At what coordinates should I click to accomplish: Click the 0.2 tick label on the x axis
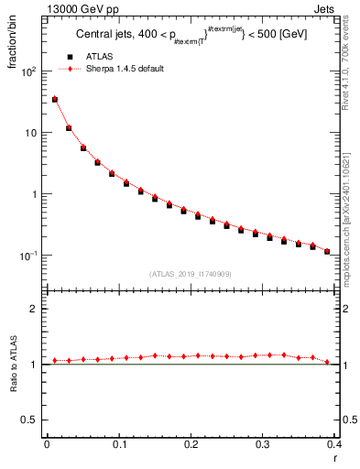coord(191,446)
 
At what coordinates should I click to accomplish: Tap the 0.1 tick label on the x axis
coord(119,446)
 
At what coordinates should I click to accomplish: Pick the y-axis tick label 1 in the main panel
coord(36,194)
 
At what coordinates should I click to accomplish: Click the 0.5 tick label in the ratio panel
coord(30,420)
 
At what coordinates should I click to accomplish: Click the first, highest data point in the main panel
coord(54,99)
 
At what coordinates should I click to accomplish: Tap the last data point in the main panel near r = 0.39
coord(327,251)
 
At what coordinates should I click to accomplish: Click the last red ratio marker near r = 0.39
coord(327,362)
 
